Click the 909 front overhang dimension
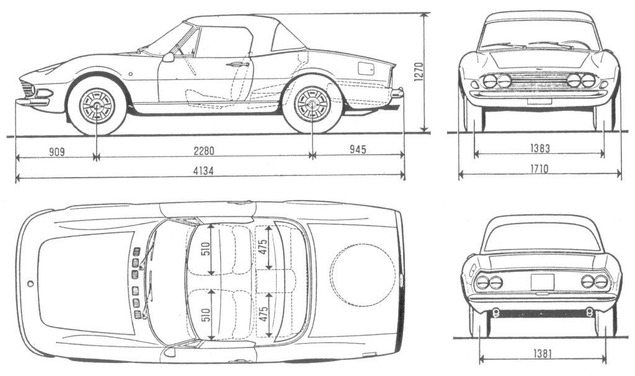coord(56,151)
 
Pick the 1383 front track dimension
coord(538,149)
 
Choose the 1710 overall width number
coord(538,168)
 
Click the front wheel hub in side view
coord(97,105)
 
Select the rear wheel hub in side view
coord(311,103)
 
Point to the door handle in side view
coord(237,64)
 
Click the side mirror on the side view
coord(168,58)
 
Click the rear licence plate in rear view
coord(541,282)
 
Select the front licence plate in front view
coord(539,100)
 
